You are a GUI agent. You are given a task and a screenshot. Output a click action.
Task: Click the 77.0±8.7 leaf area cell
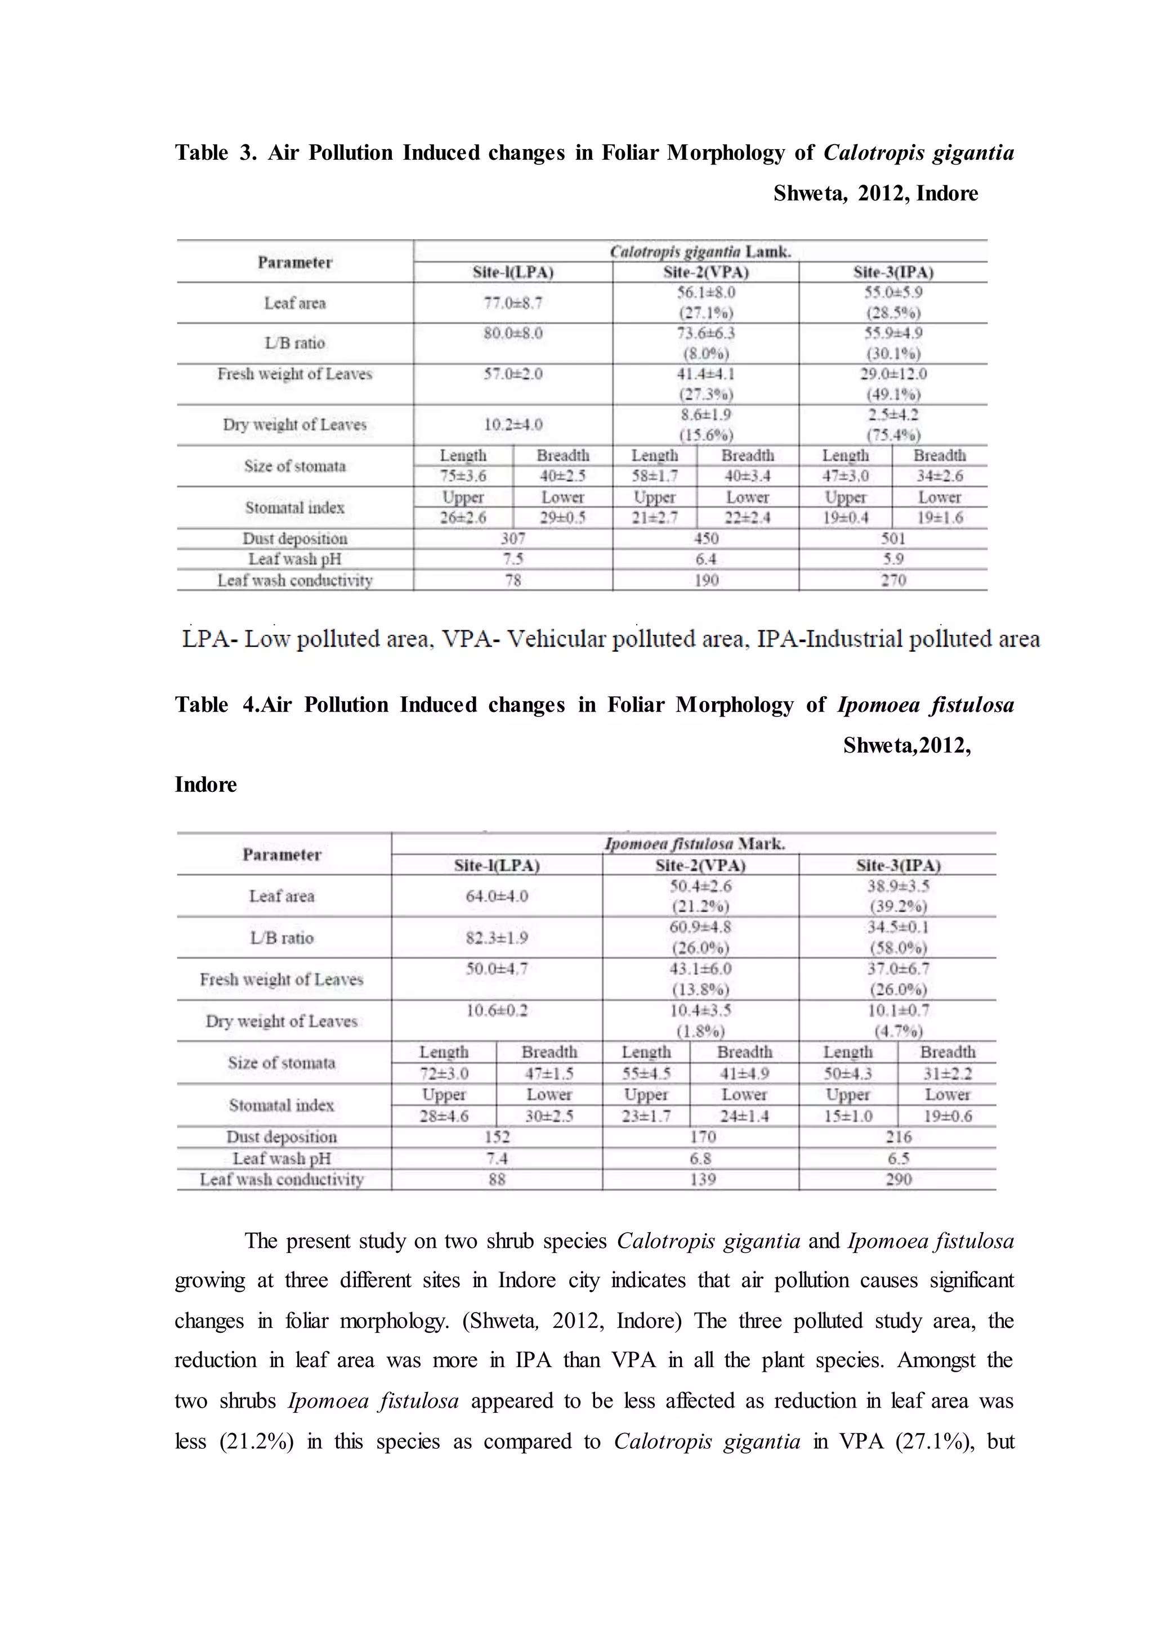(x=513, y=303)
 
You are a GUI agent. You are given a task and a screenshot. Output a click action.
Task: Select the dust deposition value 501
(x=893, y=539)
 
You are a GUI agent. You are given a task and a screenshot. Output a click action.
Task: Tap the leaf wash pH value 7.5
(x=513, y=559)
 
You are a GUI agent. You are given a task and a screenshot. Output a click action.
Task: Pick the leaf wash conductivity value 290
(x=898, y=1179)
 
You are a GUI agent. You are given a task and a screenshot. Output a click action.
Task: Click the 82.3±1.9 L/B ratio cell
(x=497, y=938)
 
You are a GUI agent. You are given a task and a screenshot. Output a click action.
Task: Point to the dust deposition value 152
(x=497, y=1136)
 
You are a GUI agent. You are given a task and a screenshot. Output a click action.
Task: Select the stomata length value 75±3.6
(x=463, y=476)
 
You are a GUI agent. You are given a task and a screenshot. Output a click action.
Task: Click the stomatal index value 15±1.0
(x=848, y=1116)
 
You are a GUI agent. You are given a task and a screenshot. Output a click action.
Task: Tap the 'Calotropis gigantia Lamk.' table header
(x=700, y=252)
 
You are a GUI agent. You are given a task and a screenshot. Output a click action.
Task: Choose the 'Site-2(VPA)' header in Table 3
(x=706, y=272)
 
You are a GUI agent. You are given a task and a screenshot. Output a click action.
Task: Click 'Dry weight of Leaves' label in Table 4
(x=282, y=1021)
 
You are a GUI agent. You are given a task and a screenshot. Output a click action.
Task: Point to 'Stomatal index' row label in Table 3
(x=294, y=508)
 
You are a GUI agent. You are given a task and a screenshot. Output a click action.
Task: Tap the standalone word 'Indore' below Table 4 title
(x=206, y=785)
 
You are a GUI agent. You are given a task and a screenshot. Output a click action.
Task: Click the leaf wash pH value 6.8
(x=701, y=1158)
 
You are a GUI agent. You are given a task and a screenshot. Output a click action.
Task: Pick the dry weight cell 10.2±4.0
(x=513, y=424)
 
